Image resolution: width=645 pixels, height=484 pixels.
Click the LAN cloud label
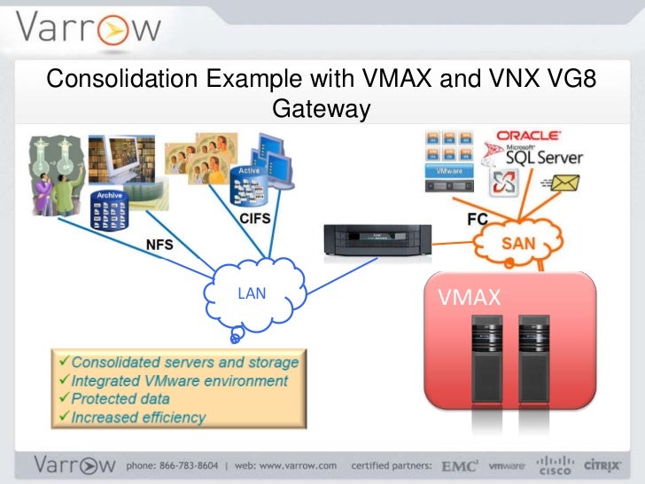(252, 293)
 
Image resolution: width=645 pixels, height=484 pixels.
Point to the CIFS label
(253, 215)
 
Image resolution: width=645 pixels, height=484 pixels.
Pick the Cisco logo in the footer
(556, 464)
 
